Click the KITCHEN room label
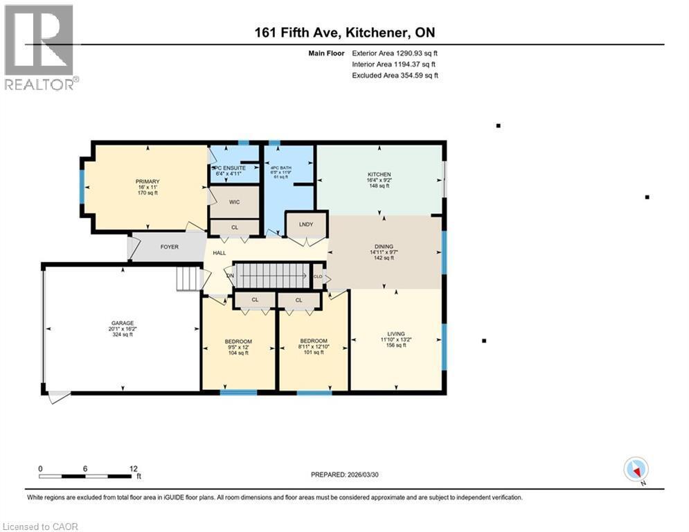[379, 175]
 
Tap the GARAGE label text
[122, 323]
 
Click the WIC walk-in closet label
[234, 202]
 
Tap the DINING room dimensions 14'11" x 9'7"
[383, 252]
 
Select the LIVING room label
[396, 333]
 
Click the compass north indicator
[635, 470]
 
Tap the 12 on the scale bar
[133, 468]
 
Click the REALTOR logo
[39, 47]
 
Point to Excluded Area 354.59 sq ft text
[395, 76]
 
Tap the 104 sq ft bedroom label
[238, 353]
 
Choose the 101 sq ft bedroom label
[314, 353]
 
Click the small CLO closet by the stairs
[318, 275]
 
